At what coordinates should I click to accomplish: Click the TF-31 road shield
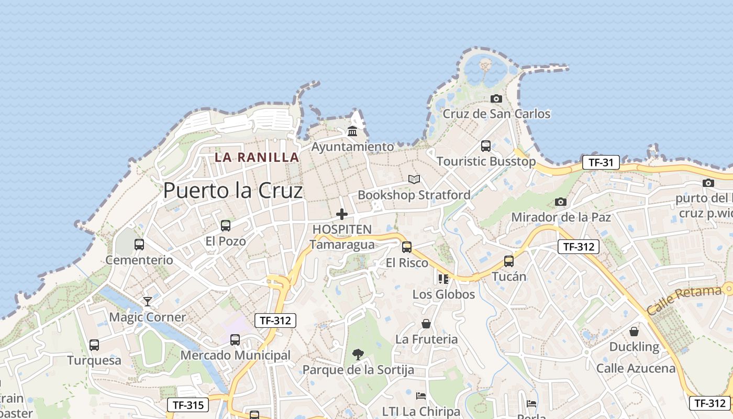click(601, 162)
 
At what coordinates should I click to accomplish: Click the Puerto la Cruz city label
click(233, 191)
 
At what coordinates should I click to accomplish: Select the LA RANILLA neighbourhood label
click(257, 157)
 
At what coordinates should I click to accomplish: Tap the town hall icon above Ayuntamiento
click(352, 131)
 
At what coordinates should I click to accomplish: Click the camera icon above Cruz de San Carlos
click(496, 98)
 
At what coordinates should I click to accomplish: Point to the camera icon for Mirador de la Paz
click(560, 202)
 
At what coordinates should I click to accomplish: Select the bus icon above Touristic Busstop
click(486, 146)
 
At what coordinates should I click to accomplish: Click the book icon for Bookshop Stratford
click(414, 180)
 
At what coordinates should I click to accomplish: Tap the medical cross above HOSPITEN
click(342, 214)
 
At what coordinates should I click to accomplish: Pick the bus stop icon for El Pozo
click(226, 226)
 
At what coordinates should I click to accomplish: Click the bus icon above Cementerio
click(139, 244)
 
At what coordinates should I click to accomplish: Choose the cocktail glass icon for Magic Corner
click(148, 301)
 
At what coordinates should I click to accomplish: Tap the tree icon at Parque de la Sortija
click(358, 354)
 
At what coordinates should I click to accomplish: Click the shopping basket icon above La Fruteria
click(426, 324)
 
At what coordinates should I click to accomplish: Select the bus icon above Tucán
click(509, 261)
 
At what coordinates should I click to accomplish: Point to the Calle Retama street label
click(684, 301)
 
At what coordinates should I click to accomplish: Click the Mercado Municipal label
click(235, 355)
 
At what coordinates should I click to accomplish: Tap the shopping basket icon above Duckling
click(634, 332)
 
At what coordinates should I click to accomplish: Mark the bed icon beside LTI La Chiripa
click(421, 396)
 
